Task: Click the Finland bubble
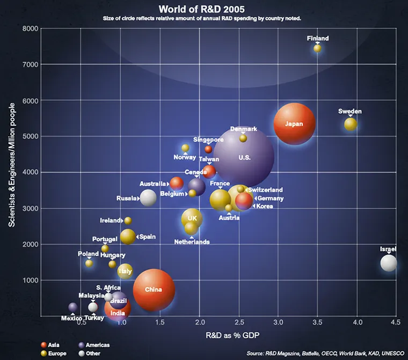click(x=317, y=48)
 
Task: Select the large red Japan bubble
click(x=294, y=124)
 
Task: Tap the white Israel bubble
click(x=389, y=263)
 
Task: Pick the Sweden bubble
click(x=351, y=124)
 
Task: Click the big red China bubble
click(x=154, y=290)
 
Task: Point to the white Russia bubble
click(x=148, y=197)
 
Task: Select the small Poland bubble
click(x=89, y=263)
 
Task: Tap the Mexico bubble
click(x=73, y=307)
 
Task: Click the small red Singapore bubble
click(x=208, y=149)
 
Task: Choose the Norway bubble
click(x=185, y=148)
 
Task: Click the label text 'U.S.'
click(x=244, y=157)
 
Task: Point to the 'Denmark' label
click(x=244, y=129)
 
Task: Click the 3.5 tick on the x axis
click(x=317, y=323)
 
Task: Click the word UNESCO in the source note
click(x=385, y=354)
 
